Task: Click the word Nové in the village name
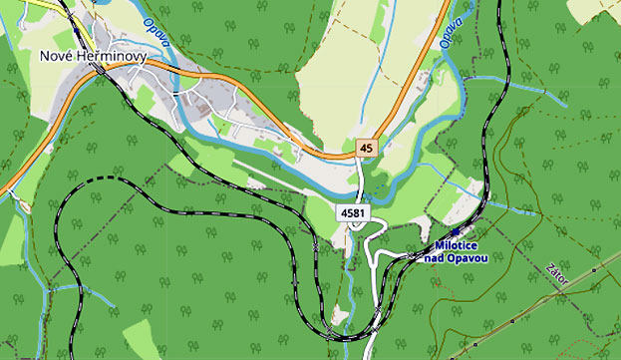[57, 57]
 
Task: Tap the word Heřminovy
[112, 57]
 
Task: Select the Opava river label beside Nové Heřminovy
[155, 36]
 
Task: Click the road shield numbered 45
[367, 147]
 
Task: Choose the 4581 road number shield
[350, 213]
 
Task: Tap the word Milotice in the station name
[459, 245]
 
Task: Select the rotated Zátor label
[558, 274]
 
